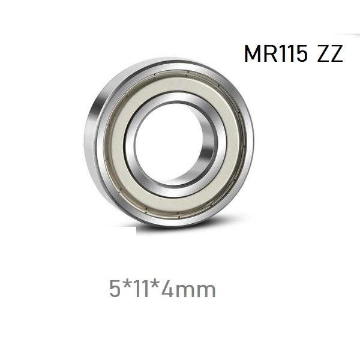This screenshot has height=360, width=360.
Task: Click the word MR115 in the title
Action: pos(276,54)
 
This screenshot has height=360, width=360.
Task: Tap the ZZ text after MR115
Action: pos(329,54)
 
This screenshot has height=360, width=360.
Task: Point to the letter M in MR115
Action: pos(254,54)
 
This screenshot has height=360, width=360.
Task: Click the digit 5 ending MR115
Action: pos(302,54)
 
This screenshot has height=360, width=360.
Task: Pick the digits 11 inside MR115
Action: pos(287,54)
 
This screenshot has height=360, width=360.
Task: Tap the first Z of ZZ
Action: pos(322,54)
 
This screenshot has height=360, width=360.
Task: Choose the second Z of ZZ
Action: pos(336,54)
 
